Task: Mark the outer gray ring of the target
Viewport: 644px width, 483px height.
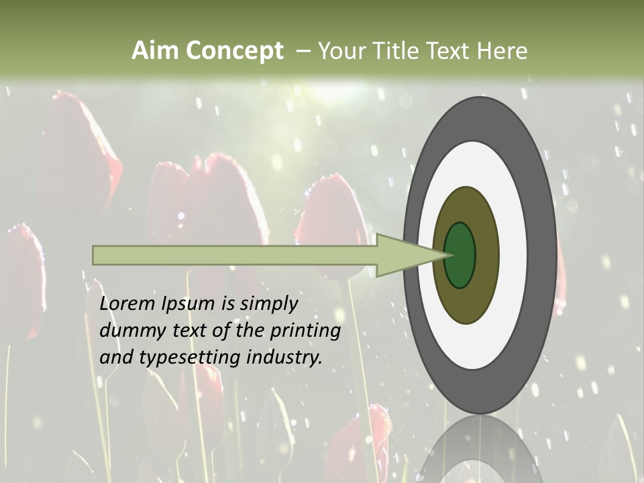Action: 543,255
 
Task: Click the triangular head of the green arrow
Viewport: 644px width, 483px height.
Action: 409,255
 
